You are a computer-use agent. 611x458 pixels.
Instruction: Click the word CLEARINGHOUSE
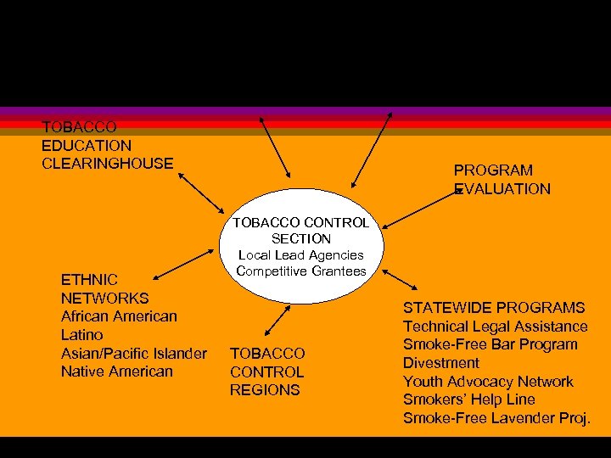(x=108, y=163)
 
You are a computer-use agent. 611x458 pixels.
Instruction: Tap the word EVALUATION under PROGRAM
(x=502, y=189)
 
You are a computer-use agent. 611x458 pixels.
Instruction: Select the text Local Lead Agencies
(x=301, y=254)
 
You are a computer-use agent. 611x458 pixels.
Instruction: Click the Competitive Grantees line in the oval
(x=301, y=271)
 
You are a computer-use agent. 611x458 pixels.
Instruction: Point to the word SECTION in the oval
(x=301, y=239)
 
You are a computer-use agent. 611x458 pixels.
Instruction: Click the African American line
(x=119, y=316)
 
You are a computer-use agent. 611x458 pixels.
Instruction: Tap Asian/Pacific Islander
(x=133, y=353)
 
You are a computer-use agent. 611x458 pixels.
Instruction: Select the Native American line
(x=116, y=371)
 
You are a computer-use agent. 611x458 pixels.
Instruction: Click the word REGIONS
(x=265, y=390)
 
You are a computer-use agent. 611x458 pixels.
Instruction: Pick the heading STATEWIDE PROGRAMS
(x=494, y=307)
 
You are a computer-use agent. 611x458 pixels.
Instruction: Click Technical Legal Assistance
(x=496, y=327)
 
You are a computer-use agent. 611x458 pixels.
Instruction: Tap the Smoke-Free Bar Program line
(x=490, y=344)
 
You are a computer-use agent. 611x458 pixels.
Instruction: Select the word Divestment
(x=441, y=363)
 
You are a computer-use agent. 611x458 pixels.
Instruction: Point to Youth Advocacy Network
(x=488, y=382)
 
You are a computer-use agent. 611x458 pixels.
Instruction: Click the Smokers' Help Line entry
(x=469, y=399)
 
